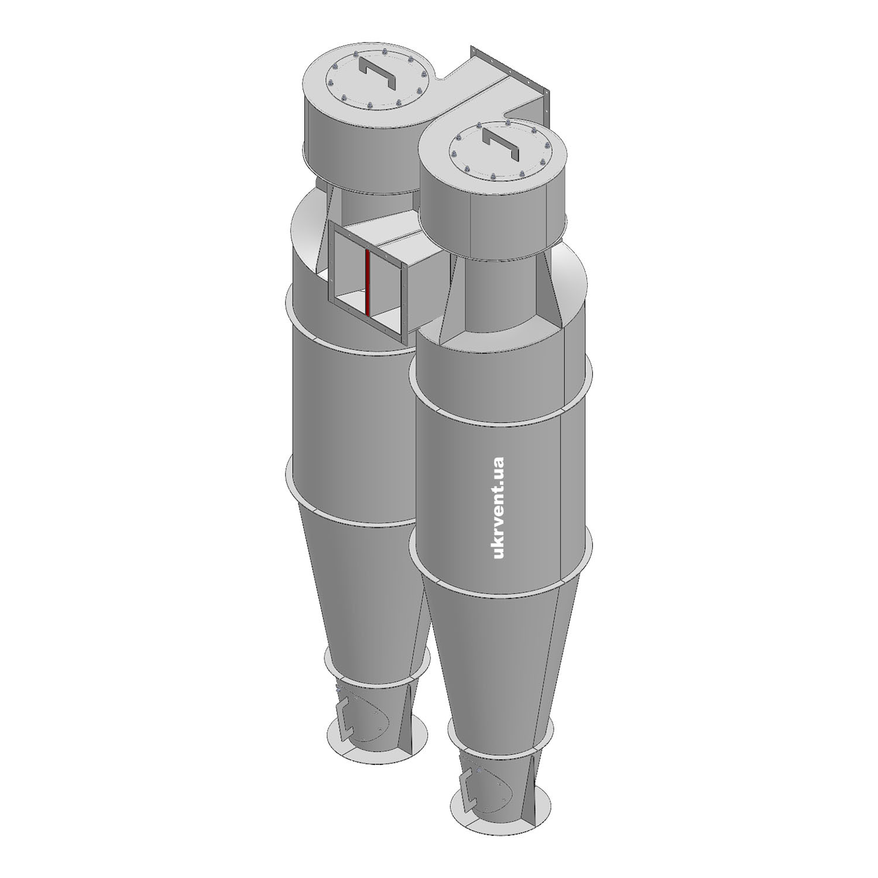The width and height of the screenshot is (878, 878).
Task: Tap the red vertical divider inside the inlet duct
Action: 368,282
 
